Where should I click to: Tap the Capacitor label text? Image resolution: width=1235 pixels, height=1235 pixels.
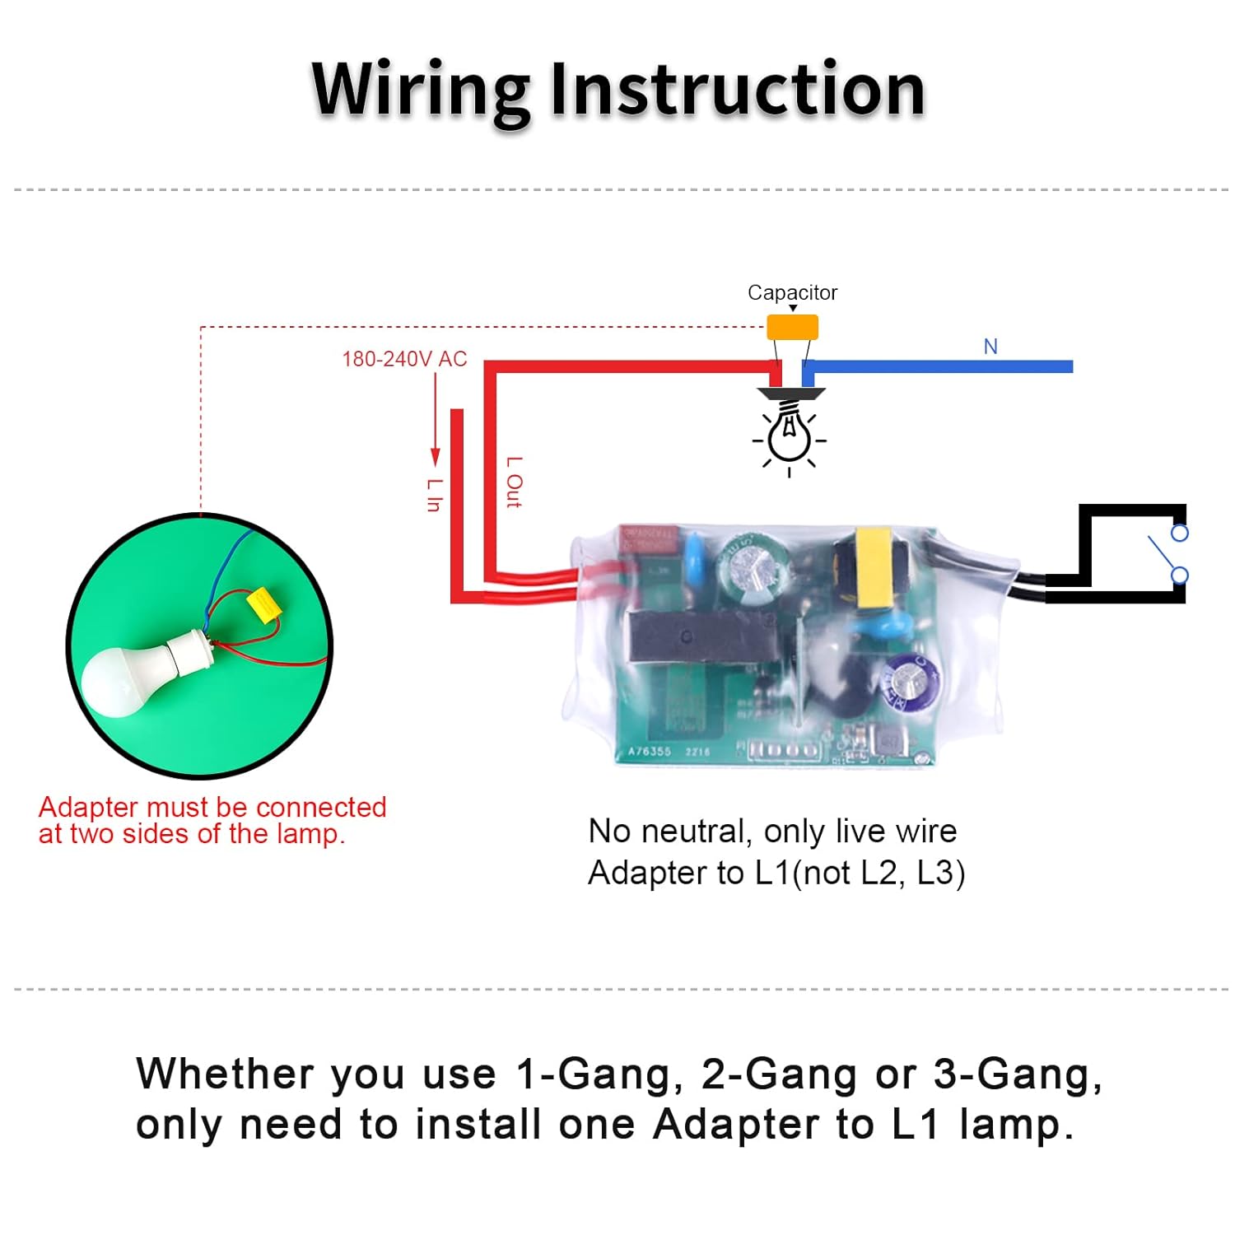click(x=792, y=292)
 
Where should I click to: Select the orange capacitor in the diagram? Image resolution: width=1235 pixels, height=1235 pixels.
click(x=792, y=327)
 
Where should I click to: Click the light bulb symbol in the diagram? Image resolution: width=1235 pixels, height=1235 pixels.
click(x=790, y=436)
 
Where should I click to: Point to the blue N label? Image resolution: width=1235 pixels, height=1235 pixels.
click(x=990, y=347)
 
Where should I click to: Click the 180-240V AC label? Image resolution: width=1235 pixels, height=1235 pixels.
click(x=404, y=359)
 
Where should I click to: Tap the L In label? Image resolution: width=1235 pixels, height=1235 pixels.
click(x=434, y=495)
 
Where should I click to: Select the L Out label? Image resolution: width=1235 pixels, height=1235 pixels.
click(x=514, y=482)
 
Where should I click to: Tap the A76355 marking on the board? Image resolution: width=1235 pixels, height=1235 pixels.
click(x=650, y=751)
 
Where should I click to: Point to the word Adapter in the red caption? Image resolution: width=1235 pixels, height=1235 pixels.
click(x=89, y=807)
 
